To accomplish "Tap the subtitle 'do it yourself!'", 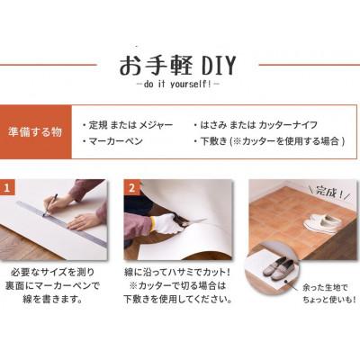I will pyautogui.click(x=180, y=85).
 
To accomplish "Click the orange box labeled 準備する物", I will pyautogui.click(x=36, y=131).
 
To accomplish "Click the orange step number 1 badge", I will pyautogui.click(x=9, y=189).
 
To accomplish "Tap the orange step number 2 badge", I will pyautogui.click(x=131, y=189).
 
